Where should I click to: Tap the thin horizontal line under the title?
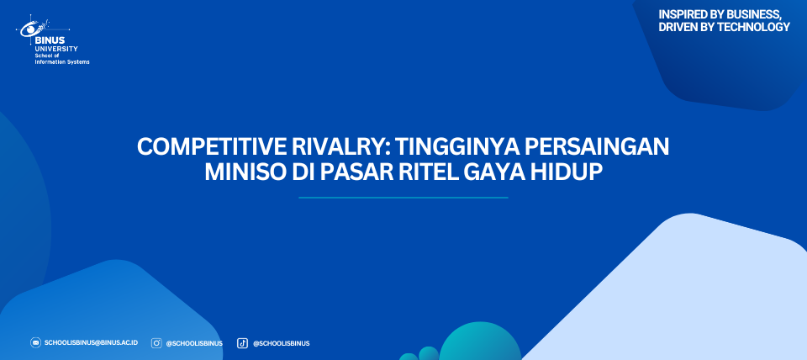click(403, 198)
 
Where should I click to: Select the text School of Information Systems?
click(62, 59)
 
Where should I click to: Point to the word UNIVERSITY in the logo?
click(56, 49)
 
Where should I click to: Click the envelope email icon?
click(35, 342)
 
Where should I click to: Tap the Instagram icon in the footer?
click(156, 343)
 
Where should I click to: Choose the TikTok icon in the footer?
click(242, 343)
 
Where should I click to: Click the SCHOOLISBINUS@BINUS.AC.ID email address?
click(91, 342)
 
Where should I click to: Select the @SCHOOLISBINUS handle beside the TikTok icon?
click(281, 343)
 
